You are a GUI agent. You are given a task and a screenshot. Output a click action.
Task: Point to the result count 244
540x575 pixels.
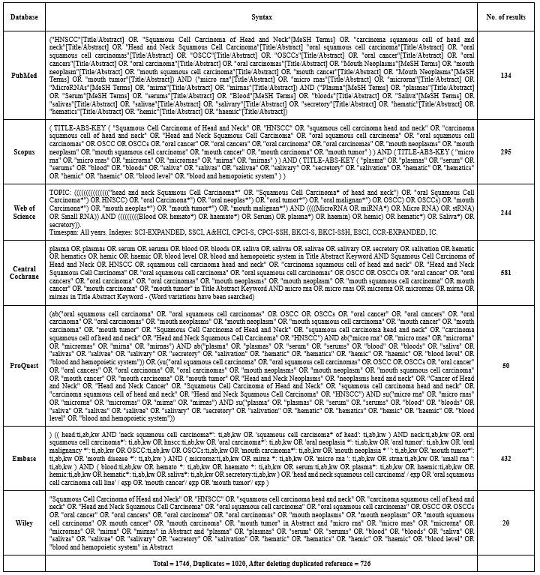pyautogui.click(x=507, y=212)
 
